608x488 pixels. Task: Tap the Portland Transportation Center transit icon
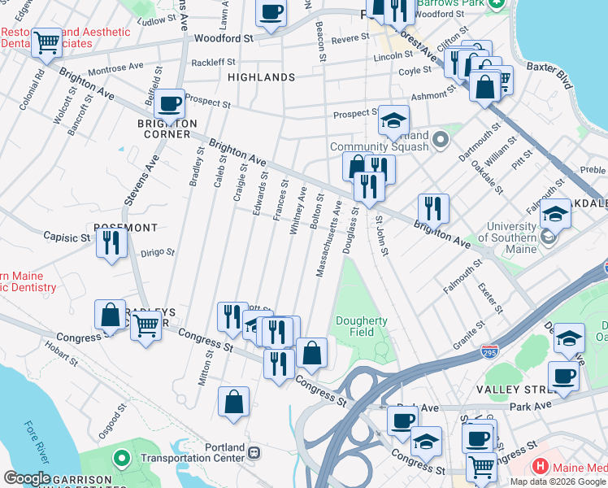point(254,452)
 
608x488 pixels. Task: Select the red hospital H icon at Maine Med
point(538,467)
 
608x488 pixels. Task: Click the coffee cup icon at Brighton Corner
point(171,104)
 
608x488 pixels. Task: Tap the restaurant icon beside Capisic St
point(111,242)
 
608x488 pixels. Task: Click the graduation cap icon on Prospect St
point(394,122)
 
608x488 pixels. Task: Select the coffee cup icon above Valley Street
point(563,377)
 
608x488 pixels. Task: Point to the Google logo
point(27,478)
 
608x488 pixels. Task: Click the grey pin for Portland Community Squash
point(441,141)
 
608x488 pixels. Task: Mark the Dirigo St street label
point(159,252)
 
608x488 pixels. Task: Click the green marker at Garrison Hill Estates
point(122,459)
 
